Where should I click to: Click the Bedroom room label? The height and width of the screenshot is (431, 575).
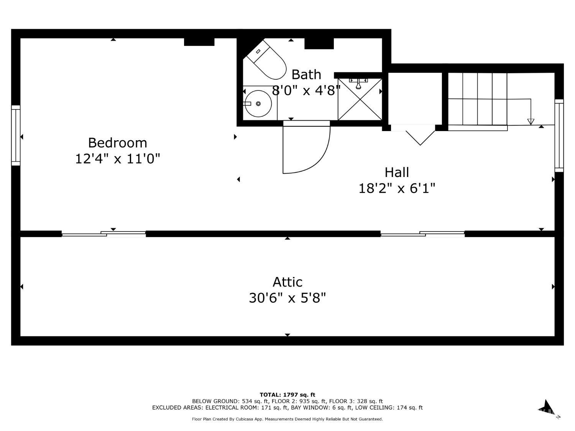point(117,143)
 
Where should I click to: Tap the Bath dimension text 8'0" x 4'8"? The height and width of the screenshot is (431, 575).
point(306,91)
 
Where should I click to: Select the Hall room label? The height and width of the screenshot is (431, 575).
point(397,172)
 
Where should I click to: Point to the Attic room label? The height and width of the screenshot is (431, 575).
point(287,282)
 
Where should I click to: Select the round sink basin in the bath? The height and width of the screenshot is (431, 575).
point(258,103)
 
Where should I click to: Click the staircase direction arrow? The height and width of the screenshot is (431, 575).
point(531,121)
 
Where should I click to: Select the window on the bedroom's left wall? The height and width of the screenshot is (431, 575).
point(16,135)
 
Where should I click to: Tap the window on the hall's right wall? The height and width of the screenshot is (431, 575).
point(559,135)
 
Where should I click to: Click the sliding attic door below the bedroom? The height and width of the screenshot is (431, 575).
point(104,234)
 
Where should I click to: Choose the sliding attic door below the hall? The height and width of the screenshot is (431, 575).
point(422,234)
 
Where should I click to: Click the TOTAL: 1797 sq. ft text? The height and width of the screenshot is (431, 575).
point(287,395)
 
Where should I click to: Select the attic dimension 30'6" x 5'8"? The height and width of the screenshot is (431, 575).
point(287,298)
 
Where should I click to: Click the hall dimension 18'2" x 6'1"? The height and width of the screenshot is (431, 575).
point(397,188)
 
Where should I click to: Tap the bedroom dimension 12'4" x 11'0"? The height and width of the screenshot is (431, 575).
point(117,158)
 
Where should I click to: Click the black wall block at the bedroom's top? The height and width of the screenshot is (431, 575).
point(199,42)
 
